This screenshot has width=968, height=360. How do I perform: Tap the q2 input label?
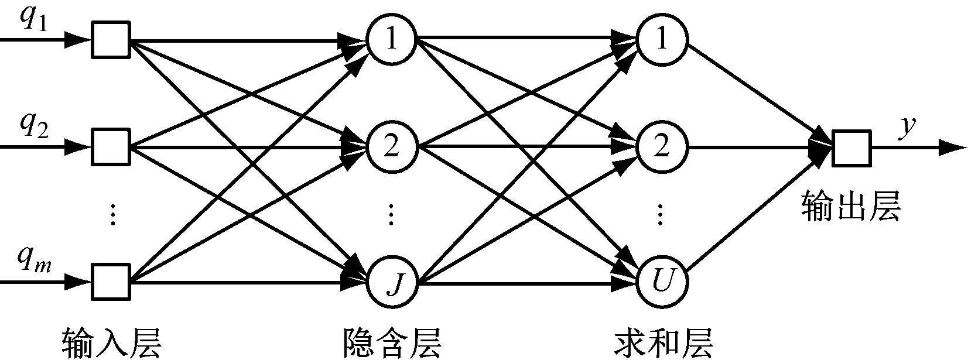tap(35, 126)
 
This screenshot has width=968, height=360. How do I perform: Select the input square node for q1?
tap(111, 40)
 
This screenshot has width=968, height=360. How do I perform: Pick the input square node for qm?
tap(111, 283)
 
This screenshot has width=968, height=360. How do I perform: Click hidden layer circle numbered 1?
tap(391, 39)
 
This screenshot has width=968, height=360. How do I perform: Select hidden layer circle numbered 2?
tap(391, 146)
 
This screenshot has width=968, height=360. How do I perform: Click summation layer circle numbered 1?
tap(662, 39)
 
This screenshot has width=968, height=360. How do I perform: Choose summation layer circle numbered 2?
tap(662, 146)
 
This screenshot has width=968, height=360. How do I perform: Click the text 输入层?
tap(111, 344)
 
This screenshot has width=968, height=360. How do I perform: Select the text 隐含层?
tap(392, 344)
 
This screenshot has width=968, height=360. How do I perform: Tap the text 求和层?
tap(663, 344)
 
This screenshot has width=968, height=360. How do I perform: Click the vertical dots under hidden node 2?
tap(391, 215)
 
